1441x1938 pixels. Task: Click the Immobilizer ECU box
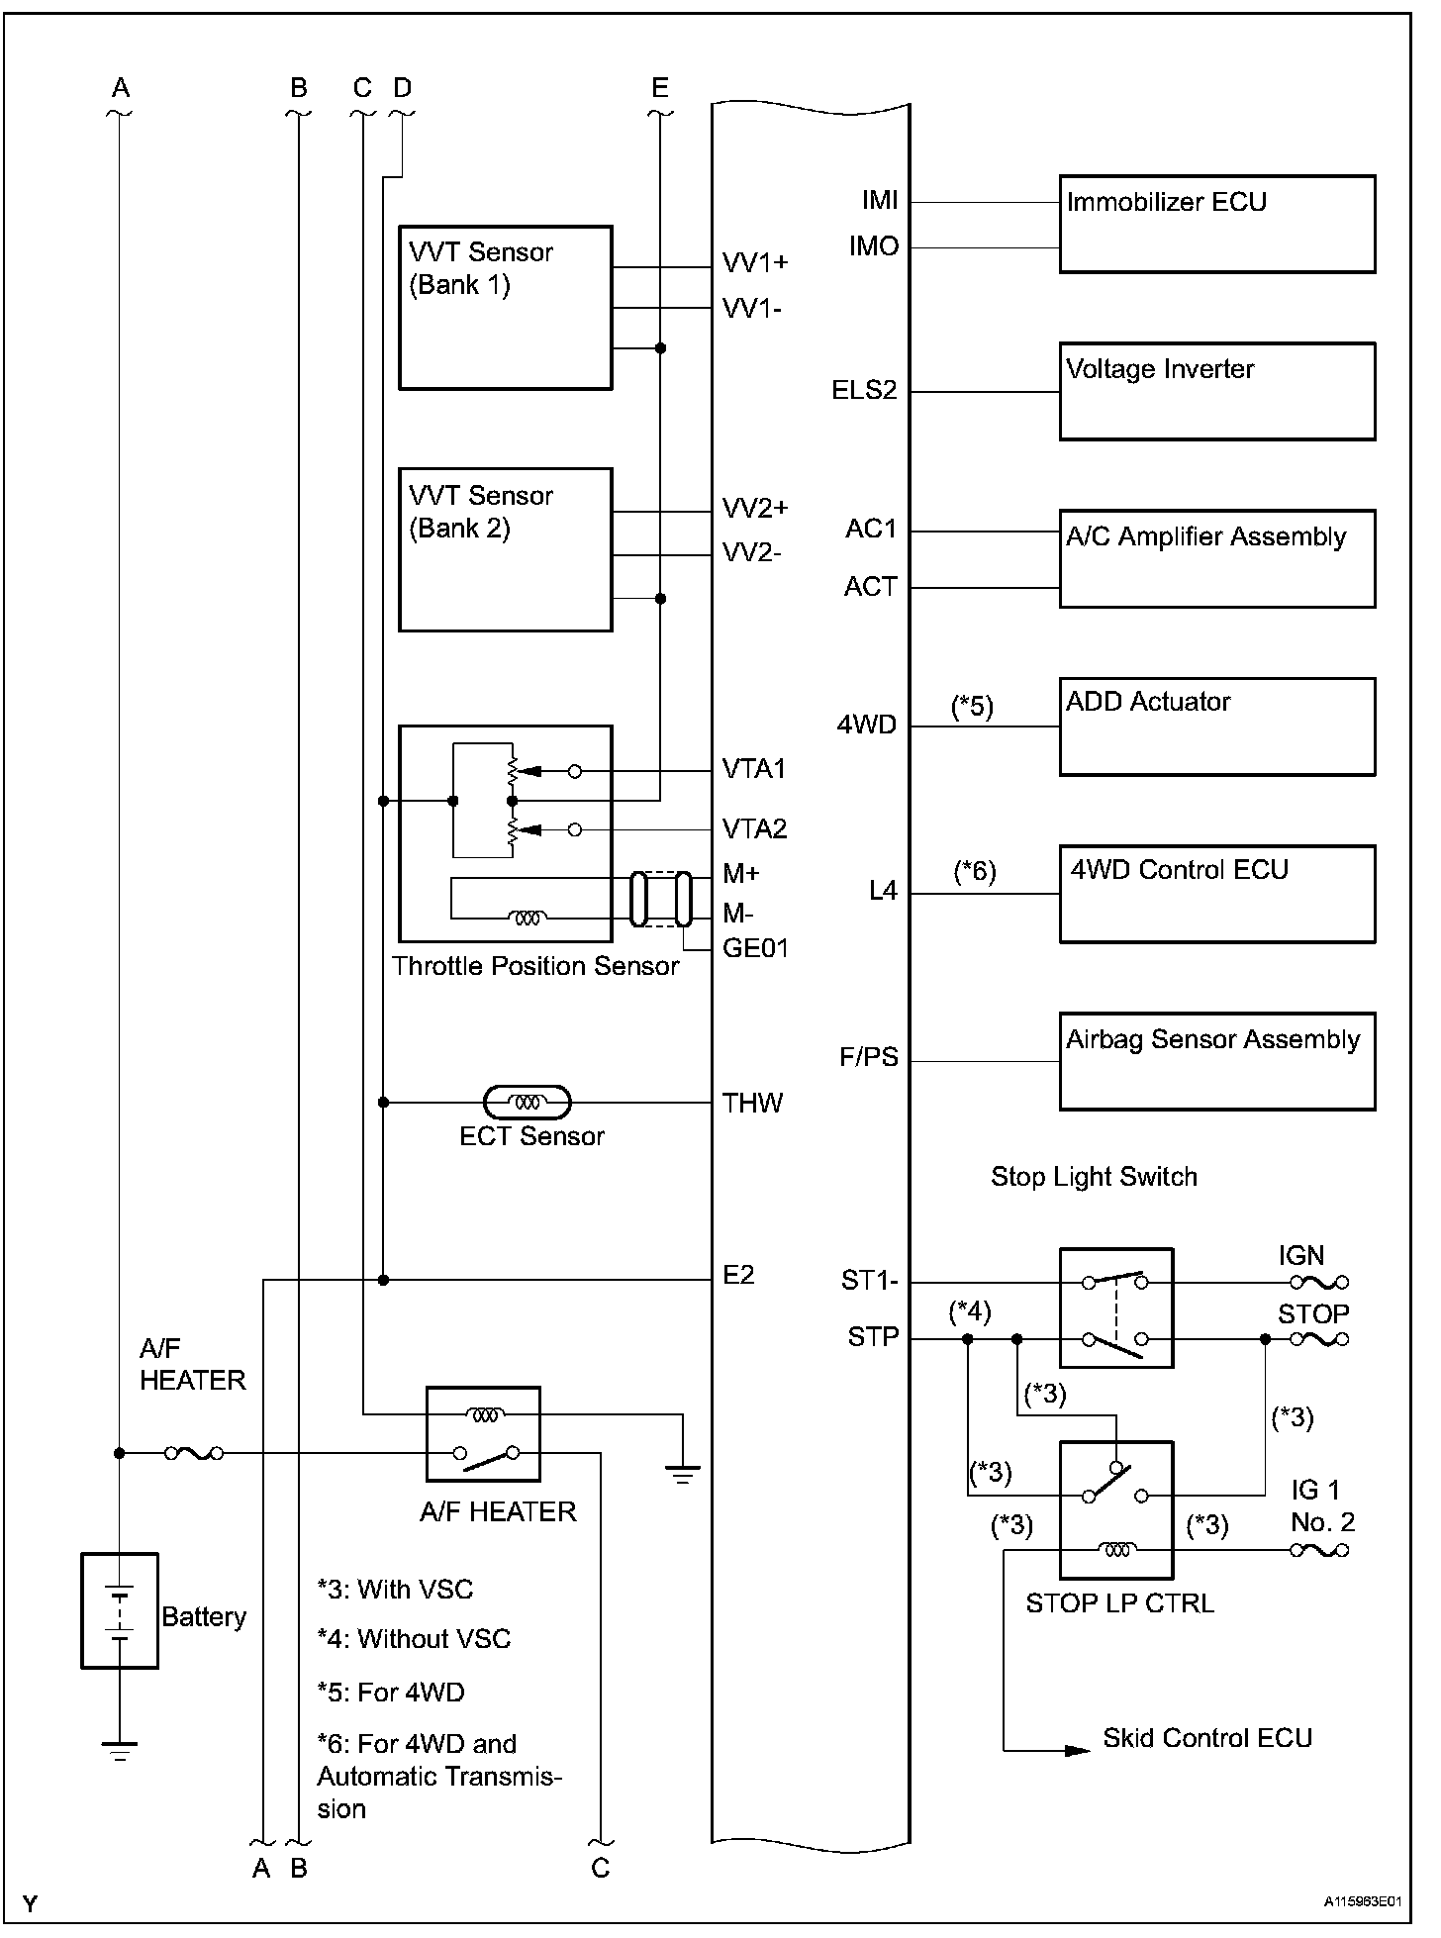point(1216,224)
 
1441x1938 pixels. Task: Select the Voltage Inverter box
point(1216,391)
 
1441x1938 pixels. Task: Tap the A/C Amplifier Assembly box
point(1216,558)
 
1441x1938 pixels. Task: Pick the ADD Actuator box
point(1216,726)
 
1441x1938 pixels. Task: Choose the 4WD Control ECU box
point(1216,893)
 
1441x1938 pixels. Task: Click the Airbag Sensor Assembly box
point(1216,1060)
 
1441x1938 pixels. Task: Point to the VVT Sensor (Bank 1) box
point(505,307)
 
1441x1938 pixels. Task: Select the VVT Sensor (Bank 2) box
point(505,549)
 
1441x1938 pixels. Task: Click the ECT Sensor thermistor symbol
point(528,1102)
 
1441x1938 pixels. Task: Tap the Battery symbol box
point(119,1610)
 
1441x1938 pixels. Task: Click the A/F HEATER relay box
point(483,1433)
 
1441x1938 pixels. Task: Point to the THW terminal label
point(752,1103)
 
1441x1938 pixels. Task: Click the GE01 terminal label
point(755,948)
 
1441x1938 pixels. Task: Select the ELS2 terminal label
point(864,390)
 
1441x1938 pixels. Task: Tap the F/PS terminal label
point(868,1057)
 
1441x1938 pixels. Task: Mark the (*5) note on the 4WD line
point(972,706)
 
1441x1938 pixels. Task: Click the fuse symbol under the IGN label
point(1319,1283)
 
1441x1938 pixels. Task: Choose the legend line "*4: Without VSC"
point(414,1639)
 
